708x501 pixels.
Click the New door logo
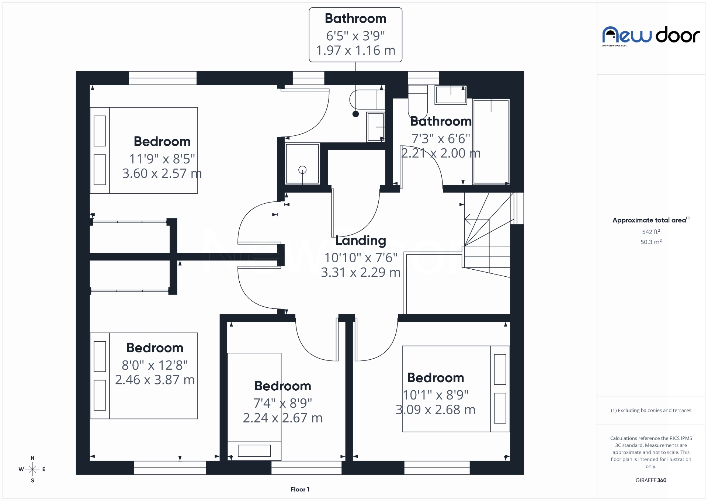(651, 36)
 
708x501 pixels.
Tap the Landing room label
(360, 241)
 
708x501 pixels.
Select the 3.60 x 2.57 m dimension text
(162, 173)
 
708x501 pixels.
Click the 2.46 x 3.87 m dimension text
(155, 380)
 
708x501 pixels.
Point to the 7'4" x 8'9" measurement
(282, 403)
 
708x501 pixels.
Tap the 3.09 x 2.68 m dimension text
(435, 410)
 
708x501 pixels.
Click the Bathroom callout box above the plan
(355, 35)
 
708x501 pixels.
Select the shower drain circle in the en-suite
(302, 170)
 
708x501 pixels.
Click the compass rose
(32, 469)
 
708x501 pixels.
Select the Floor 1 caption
(300, 489)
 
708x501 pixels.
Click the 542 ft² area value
(651, 232)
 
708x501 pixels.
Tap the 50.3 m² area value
(651, 242)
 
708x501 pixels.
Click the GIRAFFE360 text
(651, 480)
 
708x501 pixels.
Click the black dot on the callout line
(355, 114)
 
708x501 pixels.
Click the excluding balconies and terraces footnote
(651, 410)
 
